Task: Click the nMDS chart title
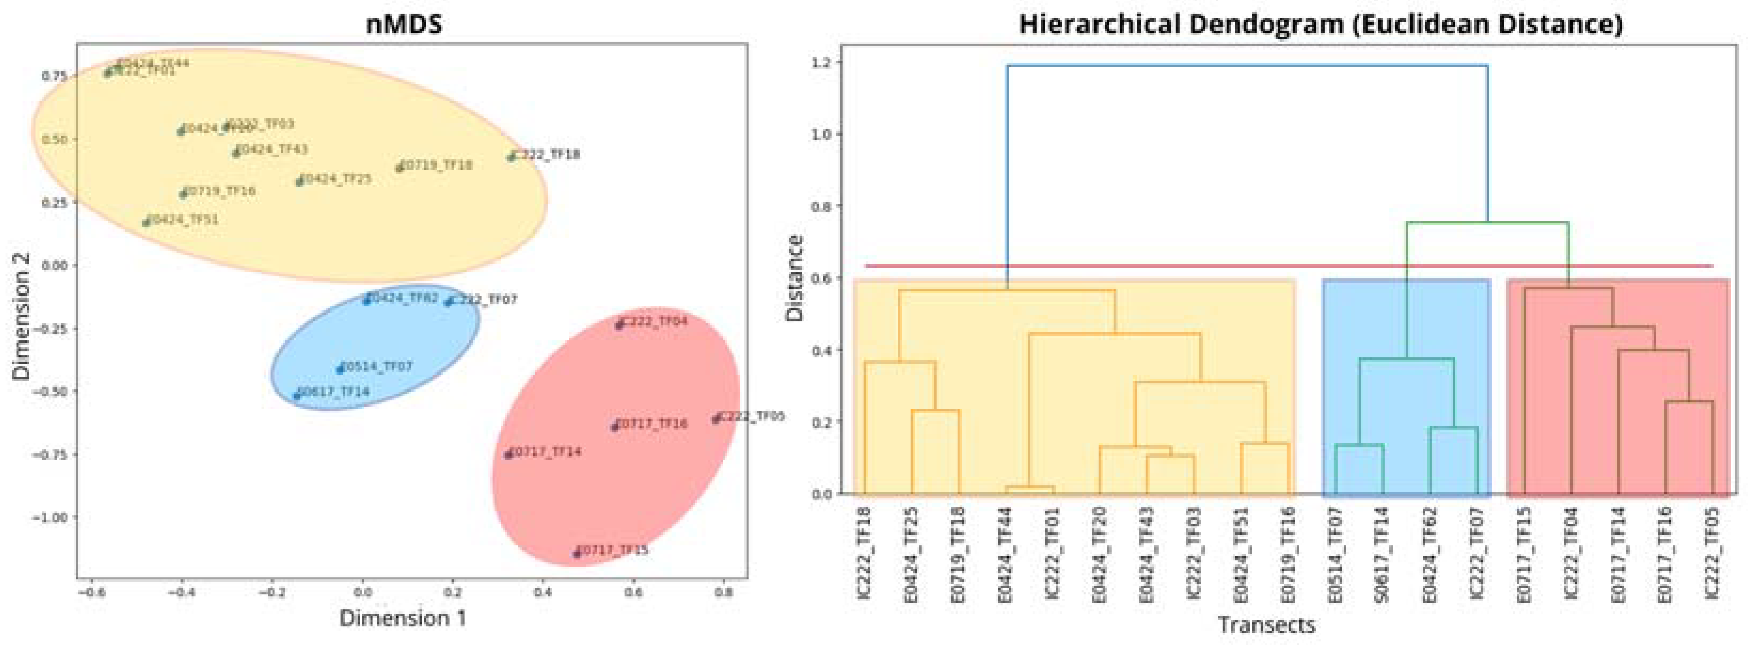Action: (403, 25)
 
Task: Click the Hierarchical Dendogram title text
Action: (1320, 25)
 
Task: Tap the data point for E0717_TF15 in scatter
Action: (576, 553)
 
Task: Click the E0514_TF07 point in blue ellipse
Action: (339, 369)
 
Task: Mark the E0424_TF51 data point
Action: (146, 223)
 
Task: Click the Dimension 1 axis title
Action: (403, 618)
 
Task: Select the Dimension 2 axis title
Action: (22, 325)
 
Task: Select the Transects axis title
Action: (1266, 624)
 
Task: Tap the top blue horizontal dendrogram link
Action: (1248, 66)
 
